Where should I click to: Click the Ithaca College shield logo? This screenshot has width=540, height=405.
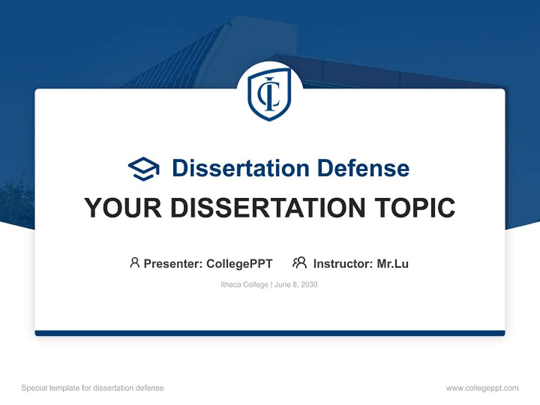[x=269, y=94]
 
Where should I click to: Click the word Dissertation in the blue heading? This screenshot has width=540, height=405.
[x=239, y=168]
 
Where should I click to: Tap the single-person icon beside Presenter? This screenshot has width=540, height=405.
[x=134, y=263]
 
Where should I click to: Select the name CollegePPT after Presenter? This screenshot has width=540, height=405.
[x=240, y=263]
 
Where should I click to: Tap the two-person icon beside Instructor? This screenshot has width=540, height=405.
[x=299, y=263]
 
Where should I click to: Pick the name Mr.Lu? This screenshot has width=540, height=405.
[x=393, y=263]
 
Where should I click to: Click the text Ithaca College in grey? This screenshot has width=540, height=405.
[x=245, y=285]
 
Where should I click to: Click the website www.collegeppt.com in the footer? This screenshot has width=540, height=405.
[x=482, y=388]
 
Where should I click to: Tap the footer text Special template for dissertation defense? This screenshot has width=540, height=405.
[x=92, y=388]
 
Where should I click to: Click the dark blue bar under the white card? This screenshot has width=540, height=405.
[x=270, y=333]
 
